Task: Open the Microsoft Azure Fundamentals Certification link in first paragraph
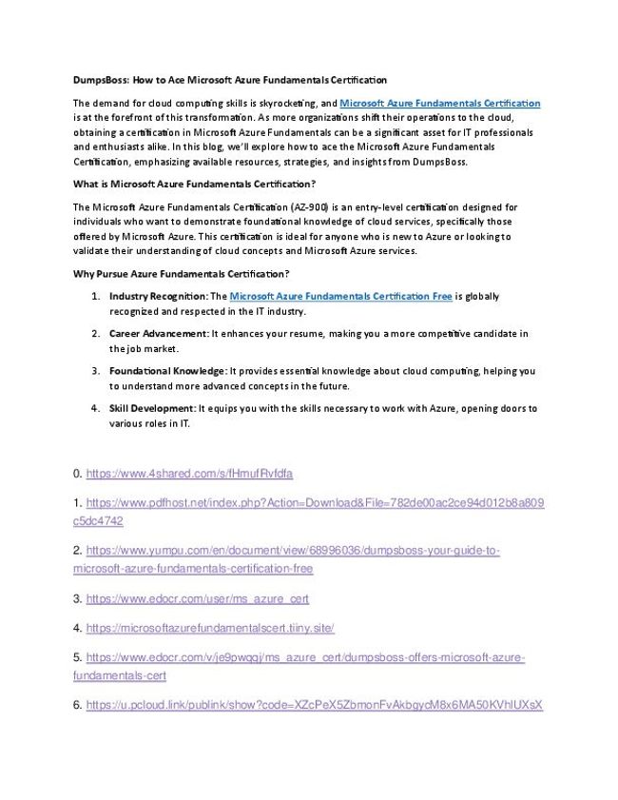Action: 439,102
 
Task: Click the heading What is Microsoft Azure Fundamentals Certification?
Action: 194,183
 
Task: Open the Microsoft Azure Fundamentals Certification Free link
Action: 340,297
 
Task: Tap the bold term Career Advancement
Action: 158,334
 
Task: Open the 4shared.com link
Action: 189,473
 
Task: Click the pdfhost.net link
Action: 315,501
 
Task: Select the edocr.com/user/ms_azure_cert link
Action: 197,599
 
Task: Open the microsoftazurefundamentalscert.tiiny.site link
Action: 210,629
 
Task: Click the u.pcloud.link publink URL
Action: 314,705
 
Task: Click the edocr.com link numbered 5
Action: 304,657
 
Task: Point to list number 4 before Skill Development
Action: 96,408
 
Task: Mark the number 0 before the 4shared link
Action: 76,473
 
